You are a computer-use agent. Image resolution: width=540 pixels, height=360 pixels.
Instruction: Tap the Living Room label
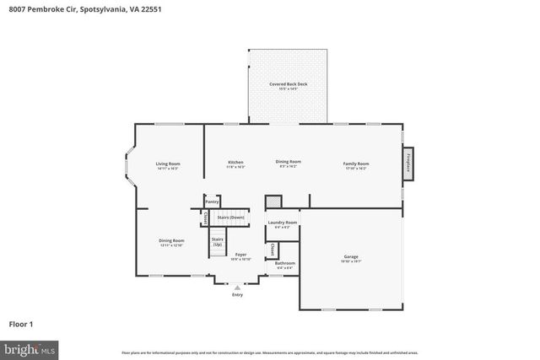[167, 164]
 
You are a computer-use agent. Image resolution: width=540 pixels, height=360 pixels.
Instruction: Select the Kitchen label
[235, 162]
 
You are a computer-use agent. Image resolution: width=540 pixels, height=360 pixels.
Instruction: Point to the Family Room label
[355, 163]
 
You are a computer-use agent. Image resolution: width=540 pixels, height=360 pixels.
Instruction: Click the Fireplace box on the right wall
[408, 163]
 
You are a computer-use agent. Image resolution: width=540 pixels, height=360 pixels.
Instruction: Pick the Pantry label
[212, 202]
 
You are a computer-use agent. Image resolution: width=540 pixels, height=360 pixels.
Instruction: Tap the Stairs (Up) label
[217, 241]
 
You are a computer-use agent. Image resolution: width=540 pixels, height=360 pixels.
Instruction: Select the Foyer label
[240, 254]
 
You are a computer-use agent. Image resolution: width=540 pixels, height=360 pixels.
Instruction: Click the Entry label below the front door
[237, 295]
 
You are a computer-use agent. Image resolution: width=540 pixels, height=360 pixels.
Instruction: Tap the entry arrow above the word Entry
[237, 287]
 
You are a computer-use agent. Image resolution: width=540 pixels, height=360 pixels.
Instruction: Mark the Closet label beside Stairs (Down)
[206, 218]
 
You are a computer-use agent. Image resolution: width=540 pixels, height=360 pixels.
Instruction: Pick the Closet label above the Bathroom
[272, 250]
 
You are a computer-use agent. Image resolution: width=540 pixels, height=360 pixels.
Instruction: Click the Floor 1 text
[21, 323]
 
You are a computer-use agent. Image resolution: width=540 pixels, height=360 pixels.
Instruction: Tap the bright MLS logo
[30, 347]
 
